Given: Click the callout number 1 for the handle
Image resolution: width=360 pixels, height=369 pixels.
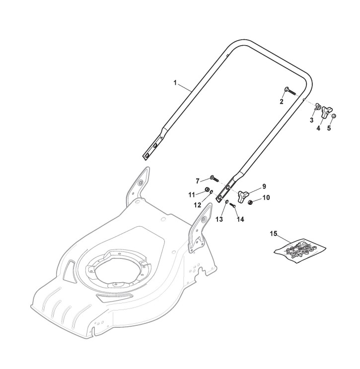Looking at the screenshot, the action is pyautogui.click(x=175, y=83).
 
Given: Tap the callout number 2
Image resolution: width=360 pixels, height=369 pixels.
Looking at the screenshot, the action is pyautogui.click(x=282, y=102).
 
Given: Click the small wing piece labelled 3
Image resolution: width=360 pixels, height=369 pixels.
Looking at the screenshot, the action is pyautogui.click(x=318, y=108).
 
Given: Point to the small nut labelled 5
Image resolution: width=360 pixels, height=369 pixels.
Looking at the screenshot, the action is pyautogui.click(x=334, y=116).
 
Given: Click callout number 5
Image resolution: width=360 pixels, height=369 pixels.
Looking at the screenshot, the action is pyautogui.click(x=329, y=128).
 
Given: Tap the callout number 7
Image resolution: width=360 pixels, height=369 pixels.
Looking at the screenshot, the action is pyautogui.click(x=198, y=181).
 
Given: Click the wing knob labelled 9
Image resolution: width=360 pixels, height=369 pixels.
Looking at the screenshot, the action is pyautogui.click(x=242, y=196).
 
